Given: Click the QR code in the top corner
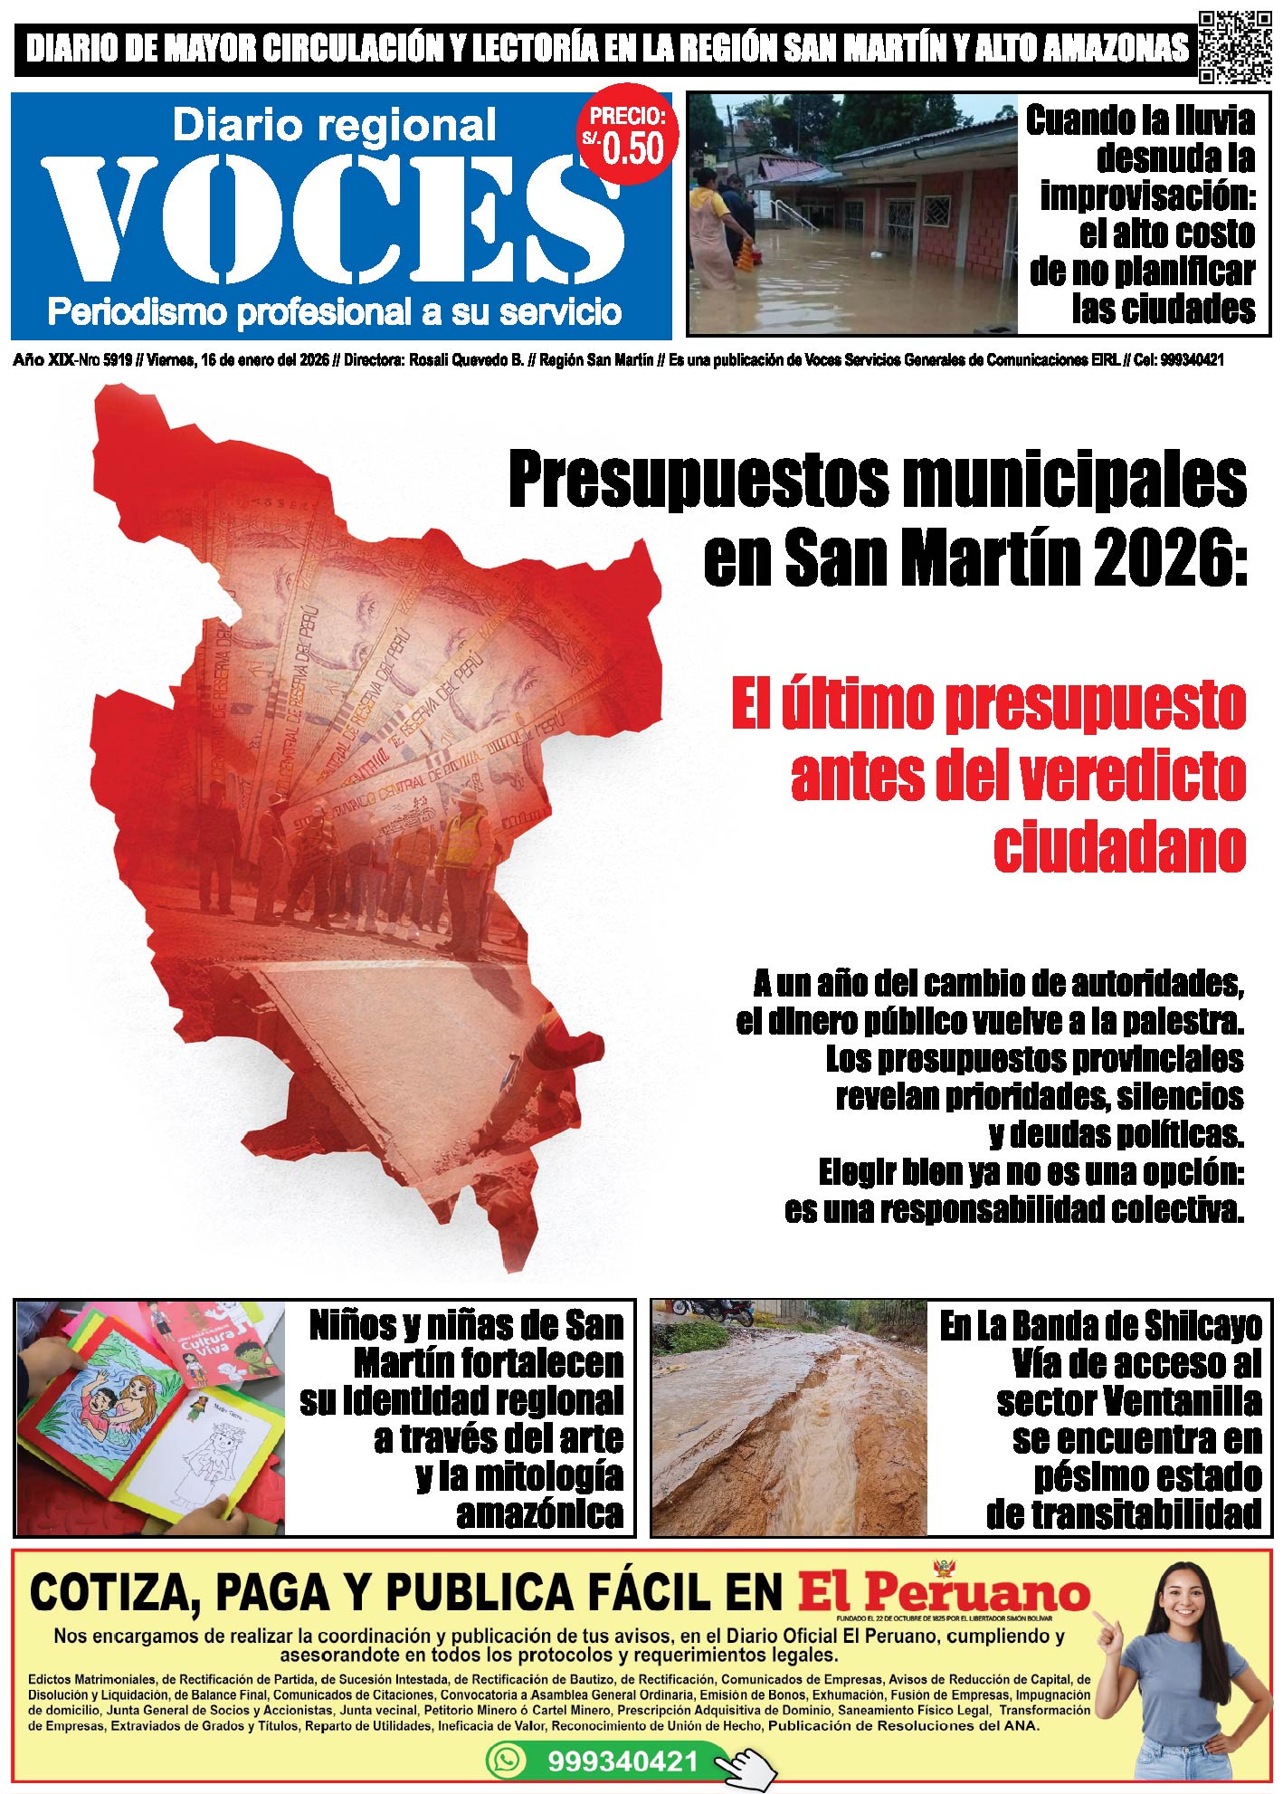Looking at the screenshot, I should [1234, 47].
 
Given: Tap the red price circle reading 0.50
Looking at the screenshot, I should [628, 138].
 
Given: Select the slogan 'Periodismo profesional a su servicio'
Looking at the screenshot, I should [334, 312].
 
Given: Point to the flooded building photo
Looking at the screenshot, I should [851, 214].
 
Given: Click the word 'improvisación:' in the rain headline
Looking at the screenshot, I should [1147, 196].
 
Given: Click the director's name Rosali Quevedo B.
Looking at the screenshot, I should [466, 360].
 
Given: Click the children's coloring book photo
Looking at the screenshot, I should [150, 1417].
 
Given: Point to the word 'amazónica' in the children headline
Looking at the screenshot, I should [539, 1513].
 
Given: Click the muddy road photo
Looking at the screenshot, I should [789, 1417].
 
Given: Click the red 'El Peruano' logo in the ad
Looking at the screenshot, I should [943, 1592].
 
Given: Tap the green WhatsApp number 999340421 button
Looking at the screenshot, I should [622, 1761].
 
